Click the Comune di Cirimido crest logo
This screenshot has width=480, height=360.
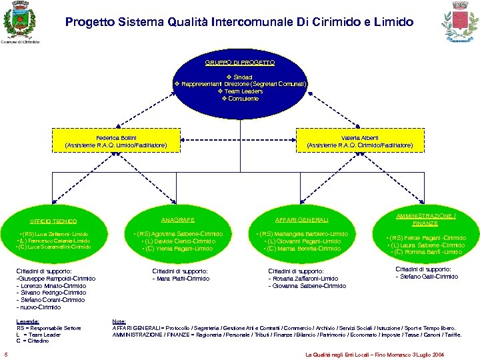click(x=19, y=20)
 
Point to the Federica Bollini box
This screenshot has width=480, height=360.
click(x=116, y=141)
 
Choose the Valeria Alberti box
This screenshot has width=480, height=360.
click(x=359, y=141)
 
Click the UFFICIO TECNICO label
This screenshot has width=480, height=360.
click(x=53, y=221)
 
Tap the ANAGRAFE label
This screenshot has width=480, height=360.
click(x=177, y=219)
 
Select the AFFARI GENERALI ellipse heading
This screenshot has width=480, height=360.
click(x=302, y=219)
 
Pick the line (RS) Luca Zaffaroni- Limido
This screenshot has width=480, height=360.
click(x=54, y=235)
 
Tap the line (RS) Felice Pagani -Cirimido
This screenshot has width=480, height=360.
click(x=427, y=238)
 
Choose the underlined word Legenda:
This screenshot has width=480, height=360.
click(x=28, y=321)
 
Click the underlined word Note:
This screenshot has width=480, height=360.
click(x=119, y=321)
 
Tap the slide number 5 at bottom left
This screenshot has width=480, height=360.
click(x=5, y=353)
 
